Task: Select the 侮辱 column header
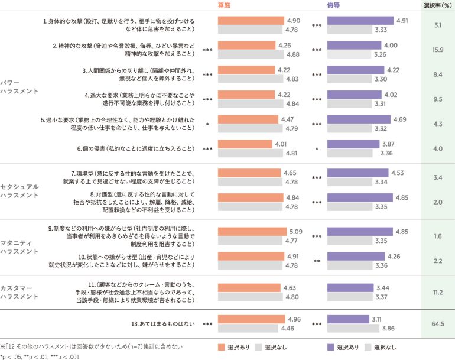tap(334, 5)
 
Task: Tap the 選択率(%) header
tap(438, 5)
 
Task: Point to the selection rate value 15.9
tap(438, 50)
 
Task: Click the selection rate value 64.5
tap(438, 324)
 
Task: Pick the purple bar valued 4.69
tap(359, 119)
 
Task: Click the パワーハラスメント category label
tap(19, 87)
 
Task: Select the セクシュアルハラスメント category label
tap(19, 190)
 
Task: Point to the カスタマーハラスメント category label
tap(19, 292)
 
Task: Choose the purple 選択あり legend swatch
tap(331, 347)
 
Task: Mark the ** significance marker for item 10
tap(317, 261)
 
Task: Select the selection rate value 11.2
tap(438, 292)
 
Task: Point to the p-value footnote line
tap(40, 356)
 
